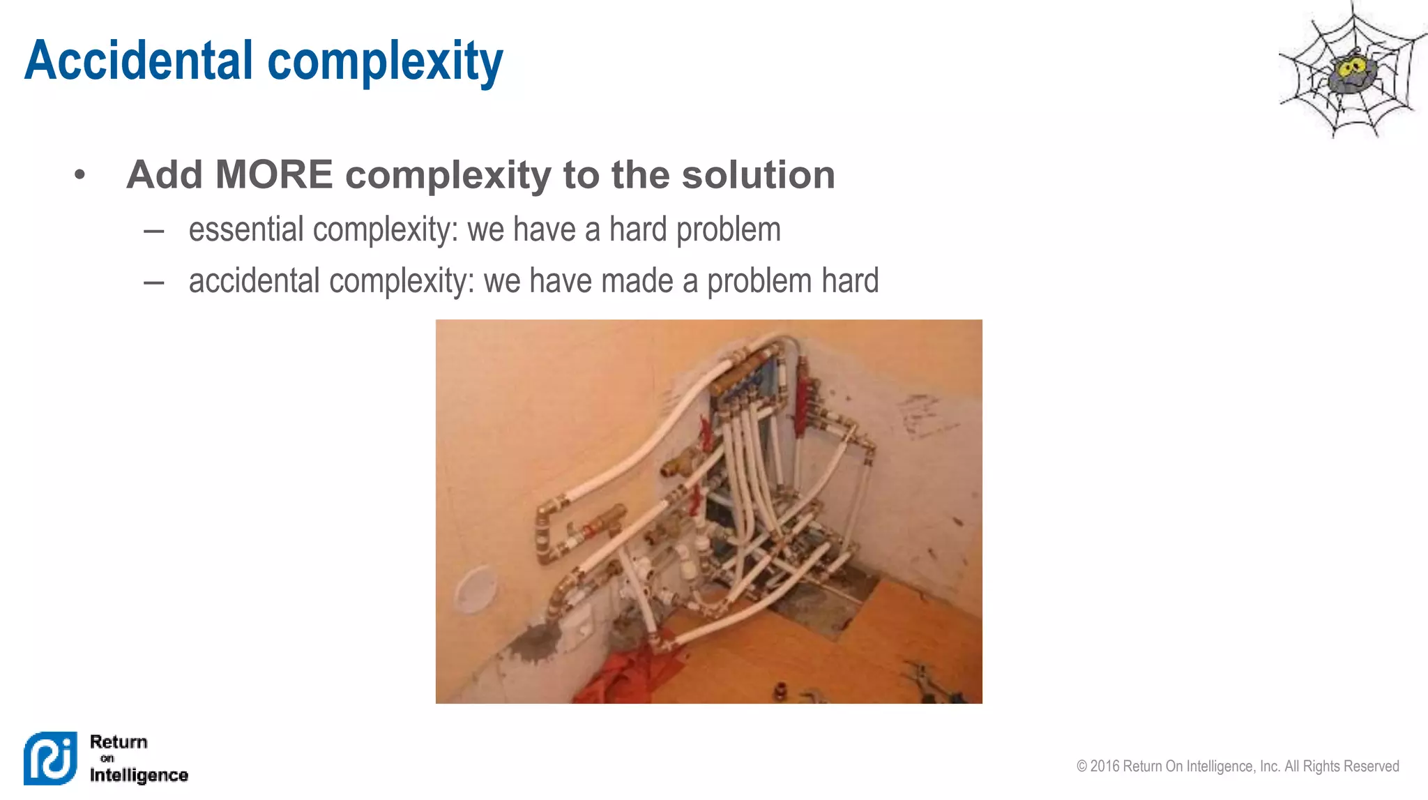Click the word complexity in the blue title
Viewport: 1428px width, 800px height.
[385, 61]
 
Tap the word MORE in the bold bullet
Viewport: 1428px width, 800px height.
[274, 174]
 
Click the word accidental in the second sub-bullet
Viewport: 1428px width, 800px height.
[254, 281]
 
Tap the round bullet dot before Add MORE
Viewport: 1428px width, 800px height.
[80, 174]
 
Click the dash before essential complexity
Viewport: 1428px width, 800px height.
[153, 231]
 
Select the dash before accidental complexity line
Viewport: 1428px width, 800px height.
[153, 282]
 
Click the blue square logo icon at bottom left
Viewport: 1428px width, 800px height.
[50, 758]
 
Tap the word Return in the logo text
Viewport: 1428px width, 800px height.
[119, 741]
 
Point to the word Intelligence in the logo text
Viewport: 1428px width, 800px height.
[139, 775]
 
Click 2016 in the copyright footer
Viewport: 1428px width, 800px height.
[1105, 766]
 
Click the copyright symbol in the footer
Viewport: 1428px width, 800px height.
[1081, 766]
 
